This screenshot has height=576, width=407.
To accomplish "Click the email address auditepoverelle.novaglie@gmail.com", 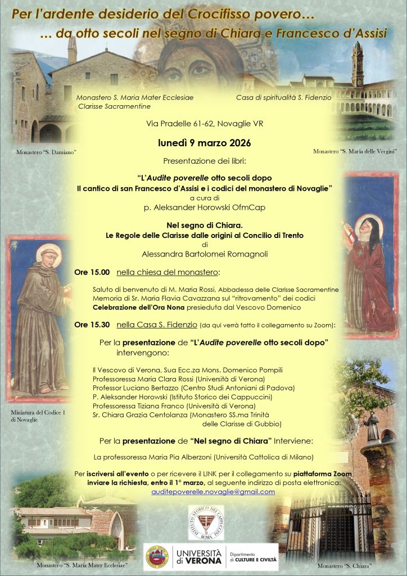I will [213, 492].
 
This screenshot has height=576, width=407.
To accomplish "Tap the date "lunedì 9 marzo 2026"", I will [203, 143].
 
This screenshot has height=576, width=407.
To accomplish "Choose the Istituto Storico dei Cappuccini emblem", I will [206, 523].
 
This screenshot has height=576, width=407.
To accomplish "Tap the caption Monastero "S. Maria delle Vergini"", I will [355, 151].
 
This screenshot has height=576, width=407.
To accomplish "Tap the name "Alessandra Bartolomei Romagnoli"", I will [203, 254].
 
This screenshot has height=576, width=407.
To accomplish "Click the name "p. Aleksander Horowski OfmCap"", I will [203, 206].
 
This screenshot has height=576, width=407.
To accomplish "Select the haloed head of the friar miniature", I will [48, 255].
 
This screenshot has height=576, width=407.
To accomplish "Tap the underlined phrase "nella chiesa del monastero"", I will [168, 273].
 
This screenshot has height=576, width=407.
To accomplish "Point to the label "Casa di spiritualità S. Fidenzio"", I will [283, 97].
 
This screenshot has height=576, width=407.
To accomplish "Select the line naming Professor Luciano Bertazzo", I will [193, 388].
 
